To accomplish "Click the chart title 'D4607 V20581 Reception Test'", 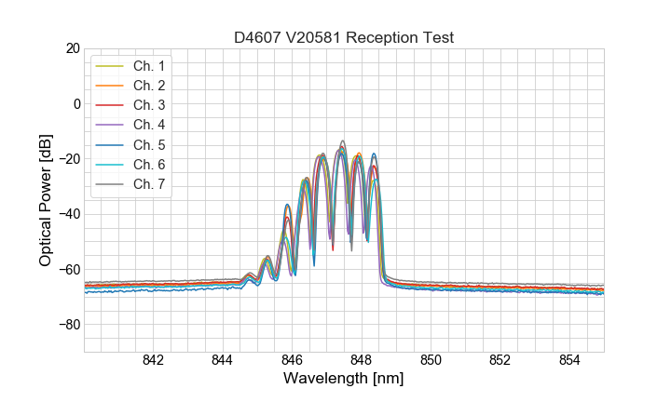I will point(344,37).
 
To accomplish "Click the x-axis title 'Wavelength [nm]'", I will point(344,380).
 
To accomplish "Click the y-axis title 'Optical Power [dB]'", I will point(46,200).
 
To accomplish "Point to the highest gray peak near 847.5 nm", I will point(343,141).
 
